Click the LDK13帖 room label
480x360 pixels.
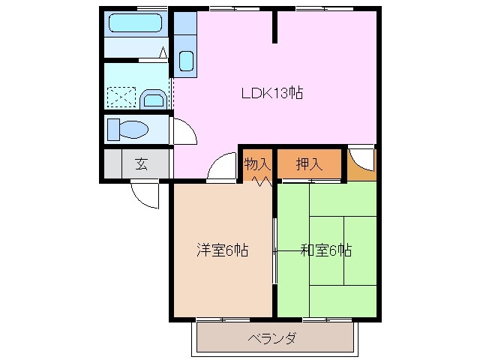[x=271, y=94]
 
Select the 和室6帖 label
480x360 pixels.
[x=326, y=250]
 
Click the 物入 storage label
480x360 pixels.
[x=256, y=163]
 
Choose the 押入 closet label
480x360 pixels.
[x=309, y=163]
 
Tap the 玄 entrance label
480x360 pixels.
[x=140, y=164]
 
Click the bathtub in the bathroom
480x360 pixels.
[x=135, y=22]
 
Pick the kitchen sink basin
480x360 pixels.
[x=185, y=61]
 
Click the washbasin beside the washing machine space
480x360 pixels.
[x=154, y=98]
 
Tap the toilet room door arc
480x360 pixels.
[x=184, y=132]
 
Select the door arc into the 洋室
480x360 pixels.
[x=220, y=168]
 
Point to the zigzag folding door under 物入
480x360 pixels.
[x=259, y=181]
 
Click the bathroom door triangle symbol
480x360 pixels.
[x=163, y=52]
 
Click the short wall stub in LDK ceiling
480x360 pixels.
[x=275, y=27]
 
